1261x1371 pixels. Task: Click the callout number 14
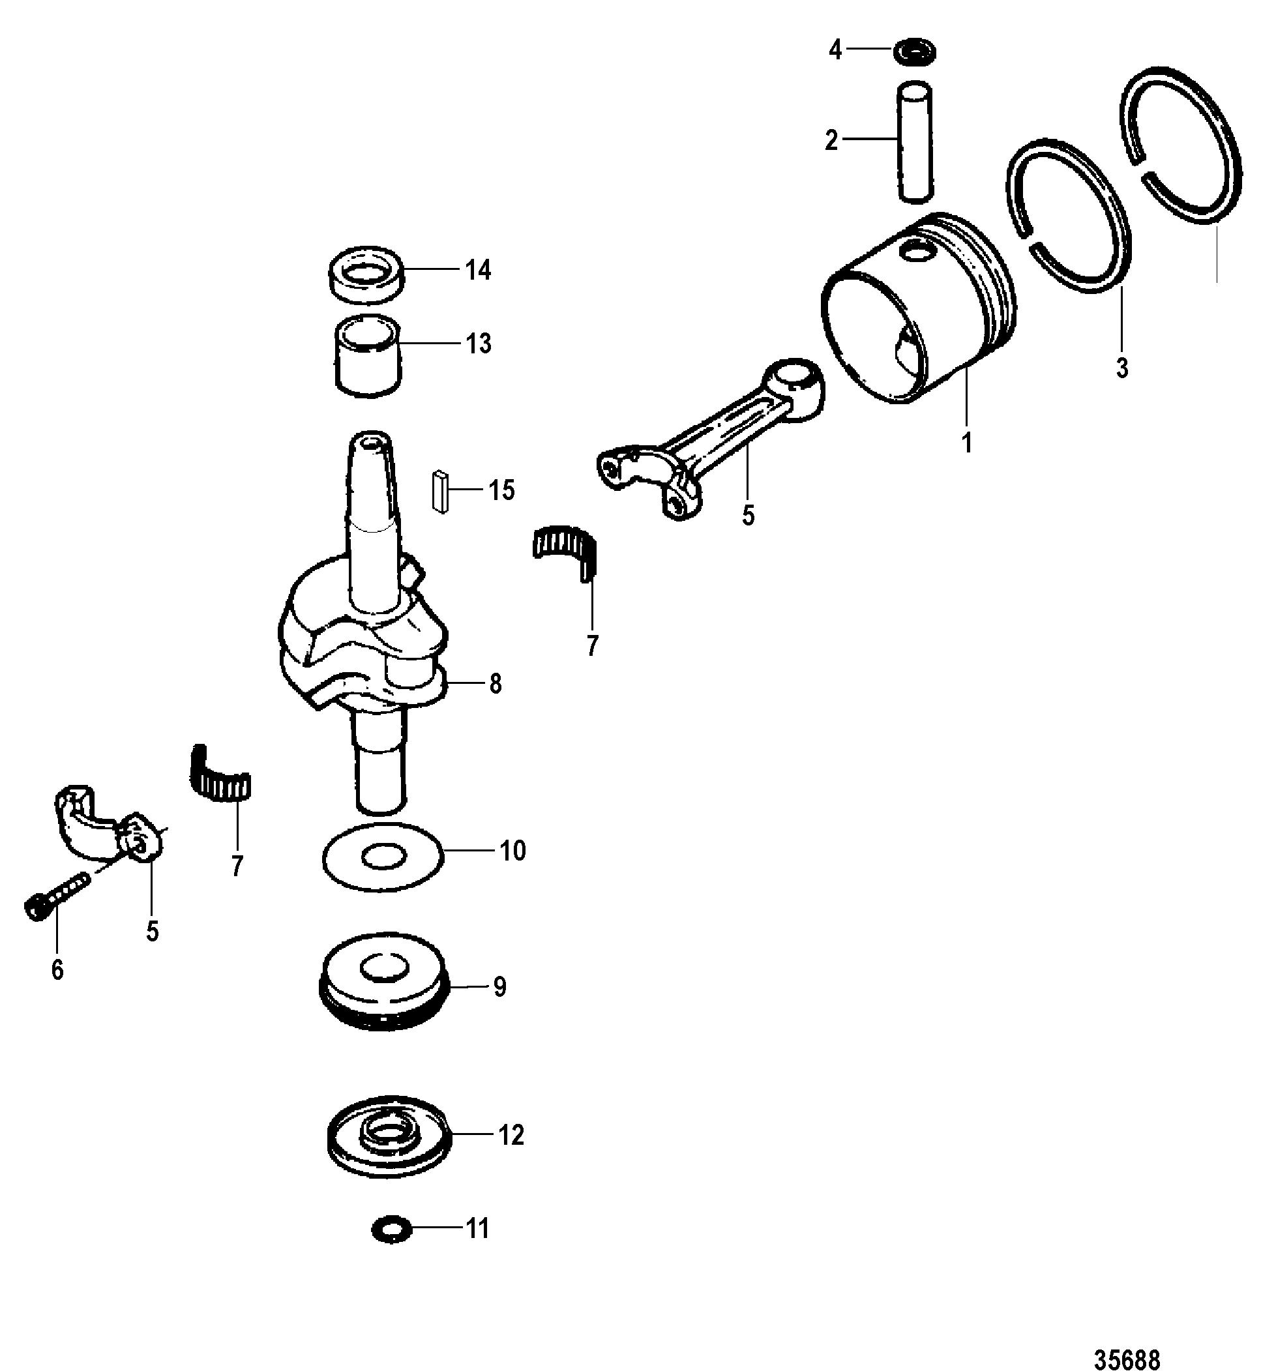[478, 270]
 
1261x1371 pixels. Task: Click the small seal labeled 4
[915, 53]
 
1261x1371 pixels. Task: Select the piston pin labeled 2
[914, 142]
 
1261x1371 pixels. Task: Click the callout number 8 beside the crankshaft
[496, 683]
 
